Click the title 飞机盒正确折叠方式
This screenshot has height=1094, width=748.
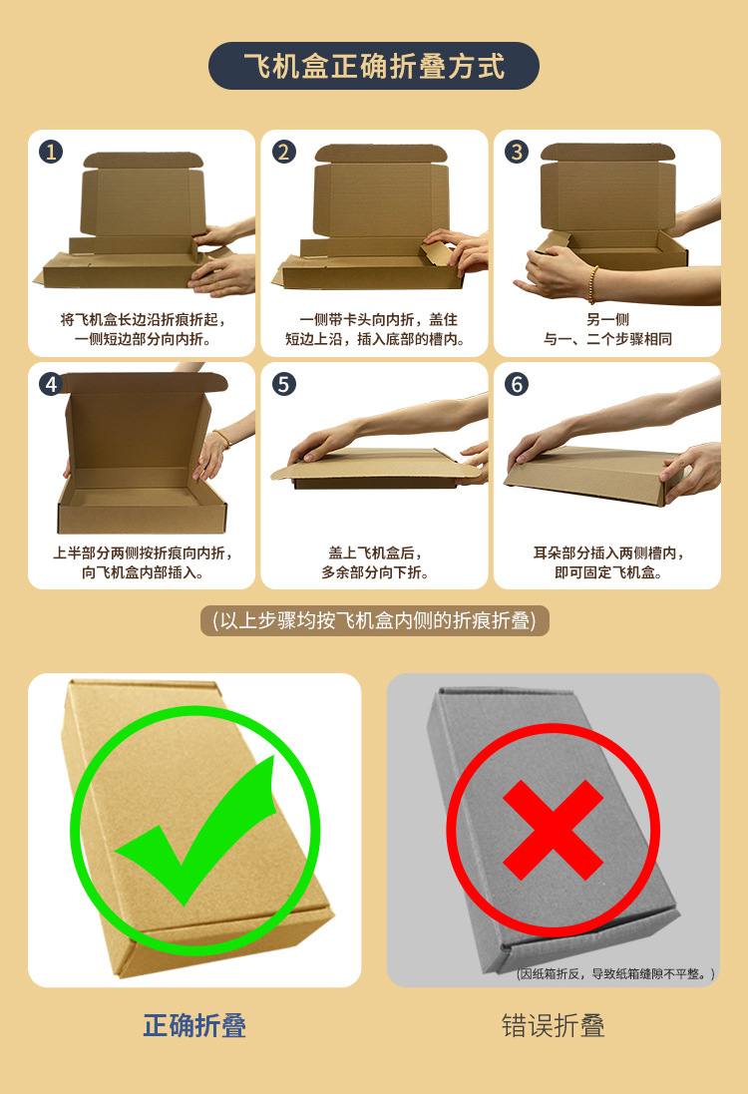(374, 67)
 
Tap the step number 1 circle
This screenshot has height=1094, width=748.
(51, 152)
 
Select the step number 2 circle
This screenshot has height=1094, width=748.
(284, 152)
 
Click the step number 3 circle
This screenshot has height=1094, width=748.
(517, 152)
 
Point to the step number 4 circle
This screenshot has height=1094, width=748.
(51, 384)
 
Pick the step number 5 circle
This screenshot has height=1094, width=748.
(284, 384)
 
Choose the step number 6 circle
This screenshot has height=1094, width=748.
(517, 384)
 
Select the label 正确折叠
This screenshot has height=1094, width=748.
(194, 1025)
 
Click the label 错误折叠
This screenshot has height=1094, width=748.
(553, 1025)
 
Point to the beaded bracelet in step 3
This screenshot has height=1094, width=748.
(592, 284)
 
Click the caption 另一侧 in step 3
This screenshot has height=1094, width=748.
(607, 320)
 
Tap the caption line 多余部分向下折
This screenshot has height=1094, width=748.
(375, 572)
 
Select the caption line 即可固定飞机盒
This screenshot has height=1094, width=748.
(607, 572)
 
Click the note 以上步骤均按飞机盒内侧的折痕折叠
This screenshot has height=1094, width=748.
(374, 620)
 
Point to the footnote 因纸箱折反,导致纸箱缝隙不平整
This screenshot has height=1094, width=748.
(614, 973)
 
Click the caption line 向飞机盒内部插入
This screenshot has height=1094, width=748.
(143, 572)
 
